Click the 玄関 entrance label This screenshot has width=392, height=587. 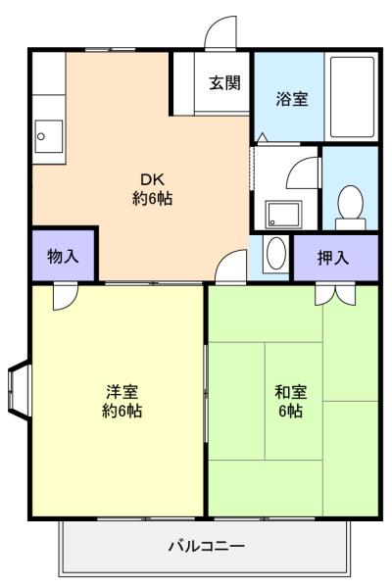(x=224, y=82)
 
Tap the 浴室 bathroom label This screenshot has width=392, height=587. (x=292, y=99)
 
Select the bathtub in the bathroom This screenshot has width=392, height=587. (x=352, y=97)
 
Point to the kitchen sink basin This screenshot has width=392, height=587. (x=49, y=136)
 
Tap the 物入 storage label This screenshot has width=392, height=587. (x=63, y=257)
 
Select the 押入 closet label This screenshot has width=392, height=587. (x=333, y=258)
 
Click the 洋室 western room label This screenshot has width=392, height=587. (x=122, y=392)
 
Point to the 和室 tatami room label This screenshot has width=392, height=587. (x=290, y=392)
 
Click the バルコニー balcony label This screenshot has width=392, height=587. (x=207, y=546)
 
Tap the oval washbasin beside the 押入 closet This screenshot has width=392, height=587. (x=276, y=254)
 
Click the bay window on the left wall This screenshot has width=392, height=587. (x=19, y=388)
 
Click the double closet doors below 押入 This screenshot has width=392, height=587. (x=335, y=295)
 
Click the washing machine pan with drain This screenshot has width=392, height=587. (x=283, y=215)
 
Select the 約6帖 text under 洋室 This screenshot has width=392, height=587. (x=122, y=411)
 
